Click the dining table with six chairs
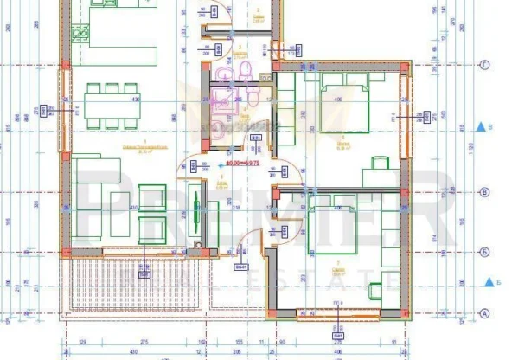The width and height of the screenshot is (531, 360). pyautogui.click(x=111, y=105)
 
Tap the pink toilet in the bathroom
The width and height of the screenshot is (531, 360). pyautogui.click(x=244, y=69)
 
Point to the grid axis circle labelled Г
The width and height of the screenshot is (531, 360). pyautogui.click(x=485, y=64)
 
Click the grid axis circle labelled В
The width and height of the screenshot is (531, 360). pyautogui.click(x=485, y=192)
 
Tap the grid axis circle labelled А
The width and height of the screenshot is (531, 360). pyautogui.click(x=485, y=313)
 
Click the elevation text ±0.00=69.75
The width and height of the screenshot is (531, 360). pyautogui.click(x=244, y=161)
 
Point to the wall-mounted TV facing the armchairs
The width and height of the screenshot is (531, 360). pyautogui.click(x=197, y=212)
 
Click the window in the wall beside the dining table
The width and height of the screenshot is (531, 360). pyautogui.click(x=62, y=110)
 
